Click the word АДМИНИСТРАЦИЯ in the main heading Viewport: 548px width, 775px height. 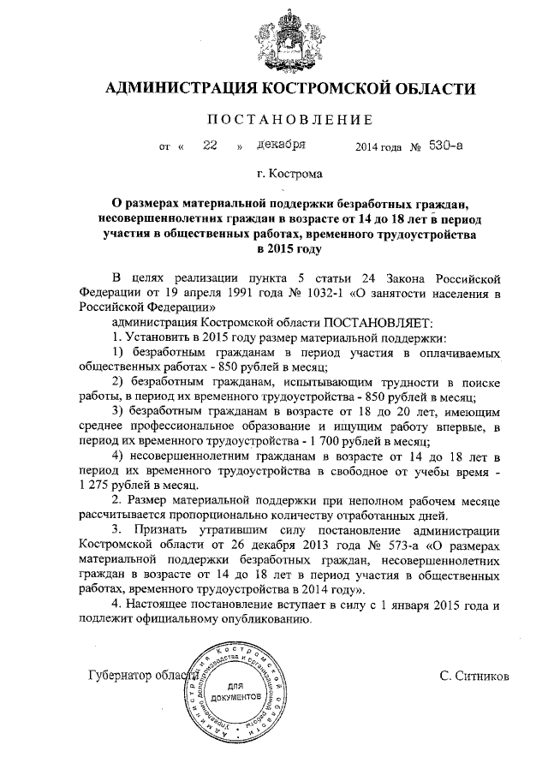(x=179, y=89)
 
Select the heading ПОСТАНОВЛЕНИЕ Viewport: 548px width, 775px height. (x=274, y=119)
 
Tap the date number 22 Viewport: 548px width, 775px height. (x=209, y=146)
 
